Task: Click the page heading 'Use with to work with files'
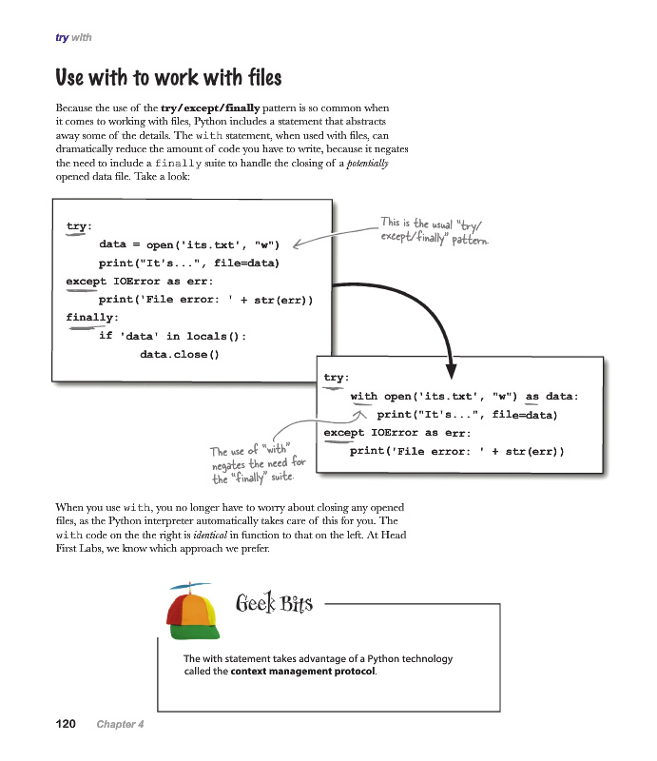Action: click(168, 75)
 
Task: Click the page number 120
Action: click(65, 725)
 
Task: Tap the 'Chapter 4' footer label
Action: click(120, 725)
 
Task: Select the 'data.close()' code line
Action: click(179, 354)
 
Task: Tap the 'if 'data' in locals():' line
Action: click(172, 336)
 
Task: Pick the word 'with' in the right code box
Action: click(363, 397)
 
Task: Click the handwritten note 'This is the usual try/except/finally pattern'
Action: click(434, 230)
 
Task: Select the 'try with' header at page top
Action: click(73, 37)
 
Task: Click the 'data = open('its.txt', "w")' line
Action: click(190, 244)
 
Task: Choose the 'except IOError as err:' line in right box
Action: click(396, 433)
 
